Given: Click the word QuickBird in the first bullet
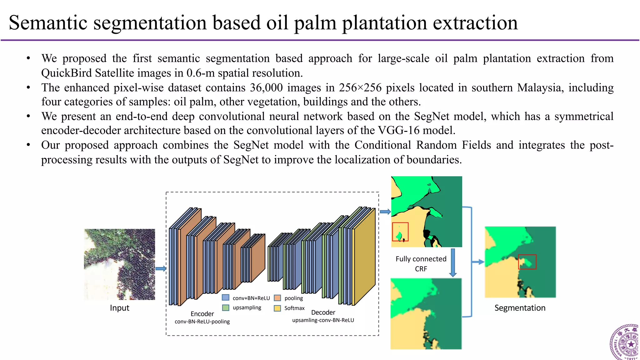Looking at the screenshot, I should click(x=67, y=73).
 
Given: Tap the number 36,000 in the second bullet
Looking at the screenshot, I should click(x=266, y=88).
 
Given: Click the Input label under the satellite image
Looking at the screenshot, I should click(x=119, y=308).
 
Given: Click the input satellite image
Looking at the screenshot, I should click(x=119, y=264).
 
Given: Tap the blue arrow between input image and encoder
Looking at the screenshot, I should click(x=161, y=268).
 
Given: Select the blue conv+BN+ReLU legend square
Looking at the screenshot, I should click(x=226, y=297).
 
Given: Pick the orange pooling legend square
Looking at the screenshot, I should click(x=277, y=298).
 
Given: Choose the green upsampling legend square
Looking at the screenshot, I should click(x=226, y=307).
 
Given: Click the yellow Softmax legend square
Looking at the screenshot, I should click(x=277, y=308).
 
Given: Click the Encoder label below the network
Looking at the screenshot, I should click(x=202, y=314).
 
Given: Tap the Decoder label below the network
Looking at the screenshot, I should click(x=323, y=312).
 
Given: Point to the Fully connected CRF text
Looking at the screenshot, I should click(x=421, y=263).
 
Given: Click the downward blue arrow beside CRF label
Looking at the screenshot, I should click(x=453, y=262).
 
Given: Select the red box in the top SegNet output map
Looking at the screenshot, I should click(x=400, y=232).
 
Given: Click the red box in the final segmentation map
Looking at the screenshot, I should click(x=527, y=262).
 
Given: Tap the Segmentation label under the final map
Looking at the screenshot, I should click(x=520, y=308).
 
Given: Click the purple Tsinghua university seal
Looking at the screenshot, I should click(x=625, y=342).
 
